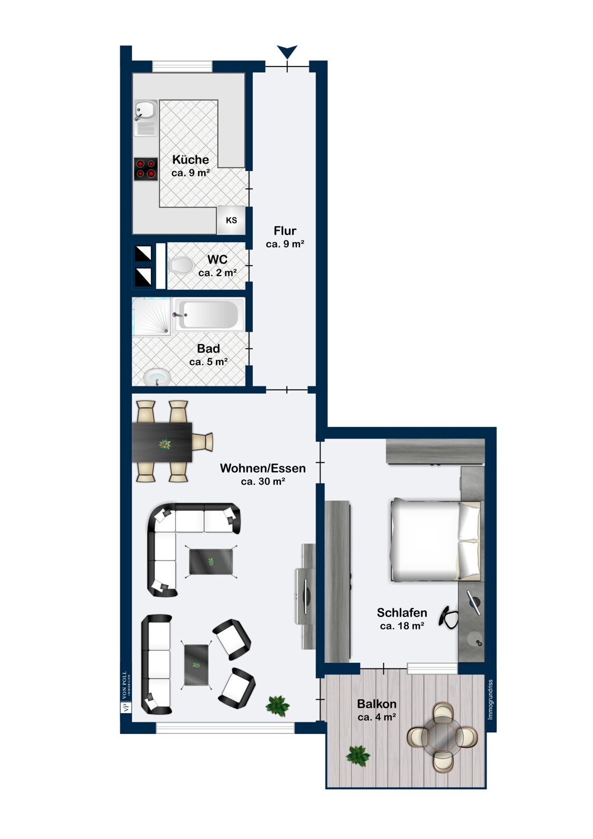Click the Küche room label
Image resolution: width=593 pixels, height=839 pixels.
(x=190, y=159)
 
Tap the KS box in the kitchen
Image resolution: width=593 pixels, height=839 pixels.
(x=231, y=220)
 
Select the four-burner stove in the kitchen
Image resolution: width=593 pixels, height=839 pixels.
(x=145, y=169)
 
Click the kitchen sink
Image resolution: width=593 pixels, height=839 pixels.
(x=145, y=117)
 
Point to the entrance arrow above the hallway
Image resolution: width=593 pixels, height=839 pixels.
(x=288, y=51)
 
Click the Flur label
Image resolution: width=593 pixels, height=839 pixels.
(x=285, y=230)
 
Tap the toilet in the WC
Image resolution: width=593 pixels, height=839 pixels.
(x=180, y=265)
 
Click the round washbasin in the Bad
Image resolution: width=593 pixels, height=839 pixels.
(x=157, y=376)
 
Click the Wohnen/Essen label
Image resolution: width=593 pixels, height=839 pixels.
(x=262, y=468)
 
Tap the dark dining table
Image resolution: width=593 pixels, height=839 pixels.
(x=162, y=442)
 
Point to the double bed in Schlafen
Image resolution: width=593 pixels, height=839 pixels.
(x=435, y=540)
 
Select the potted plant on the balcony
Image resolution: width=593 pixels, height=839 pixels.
(x=357, y=756)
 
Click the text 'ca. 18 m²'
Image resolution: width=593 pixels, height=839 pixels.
(x=402, y=625)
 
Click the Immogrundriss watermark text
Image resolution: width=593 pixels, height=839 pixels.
(x=491, y=700)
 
